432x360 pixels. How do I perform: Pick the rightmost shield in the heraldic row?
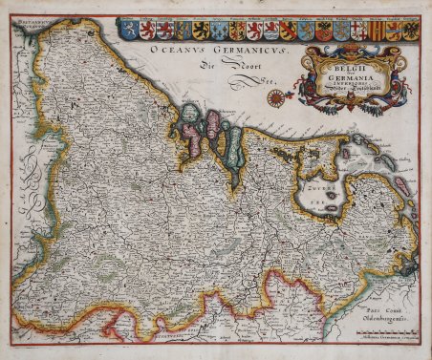tap(410, 30)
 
